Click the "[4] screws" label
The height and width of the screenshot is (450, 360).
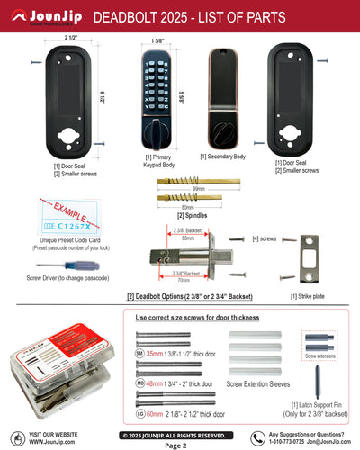click(265, 239)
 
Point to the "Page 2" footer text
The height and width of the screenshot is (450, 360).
click(175, 445)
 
